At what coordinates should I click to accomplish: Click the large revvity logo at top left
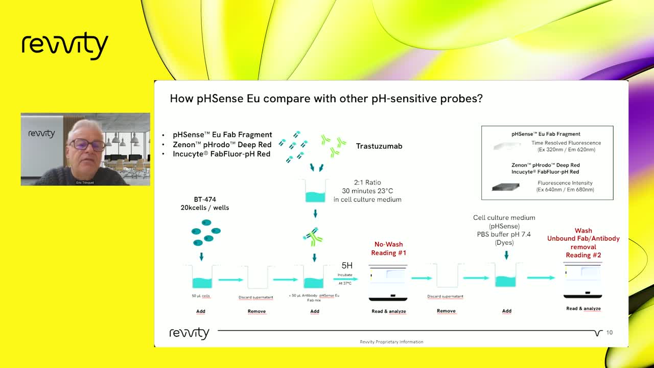(65, 45)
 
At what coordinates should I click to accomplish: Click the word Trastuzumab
(379, 146)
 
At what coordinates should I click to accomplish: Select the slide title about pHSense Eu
(326, 99)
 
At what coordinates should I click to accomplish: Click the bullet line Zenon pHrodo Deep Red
(222, 145)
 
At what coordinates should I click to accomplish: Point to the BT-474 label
(205, 199)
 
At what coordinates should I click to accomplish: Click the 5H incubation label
(347, 265)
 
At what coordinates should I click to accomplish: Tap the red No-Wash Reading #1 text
(388, 248)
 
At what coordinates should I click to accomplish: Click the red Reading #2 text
(583, 255)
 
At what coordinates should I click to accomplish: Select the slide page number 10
(609, 333)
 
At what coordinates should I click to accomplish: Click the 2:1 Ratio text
(367, 182)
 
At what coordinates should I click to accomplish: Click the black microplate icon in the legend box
(505, 187)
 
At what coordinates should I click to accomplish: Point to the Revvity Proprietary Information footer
(391, 342)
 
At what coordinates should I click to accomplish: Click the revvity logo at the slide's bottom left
(190, 333)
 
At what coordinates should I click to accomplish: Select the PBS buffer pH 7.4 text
(504, 234)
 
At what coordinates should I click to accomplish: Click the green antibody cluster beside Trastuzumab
(334, 145)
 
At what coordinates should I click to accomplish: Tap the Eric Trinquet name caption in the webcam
(85, 182)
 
